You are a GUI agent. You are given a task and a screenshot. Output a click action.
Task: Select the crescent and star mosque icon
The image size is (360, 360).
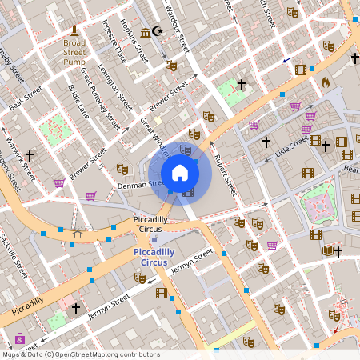pos(157,32)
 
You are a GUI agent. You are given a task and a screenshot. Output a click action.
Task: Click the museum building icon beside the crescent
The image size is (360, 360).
pos(145,32)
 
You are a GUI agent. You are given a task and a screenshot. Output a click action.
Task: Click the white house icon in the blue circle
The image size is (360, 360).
pos(180,173)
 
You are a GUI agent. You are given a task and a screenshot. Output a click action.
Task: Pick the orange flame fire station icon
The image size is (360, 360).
pos(325,82)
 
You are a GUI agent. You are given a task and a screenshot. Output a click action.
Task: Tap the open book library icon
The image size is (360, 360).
pos(327,250)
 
